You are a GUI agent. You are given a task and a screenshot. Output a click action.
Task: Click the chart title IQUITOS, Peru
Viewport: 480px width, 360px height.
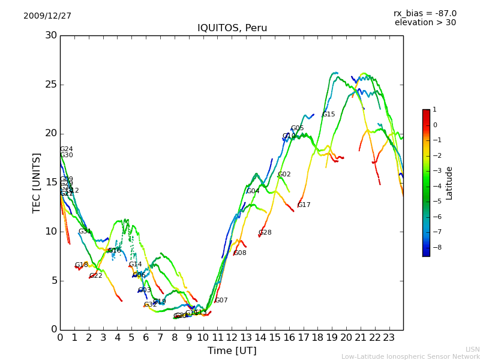(232, 28)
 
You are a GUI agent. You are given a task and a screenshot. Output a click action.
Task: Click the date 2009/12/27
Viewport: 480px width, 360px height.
(47, 16)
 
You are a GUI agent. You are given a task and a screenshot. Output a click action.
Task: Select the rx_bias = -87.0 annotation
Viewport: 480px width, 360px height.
(425, 13)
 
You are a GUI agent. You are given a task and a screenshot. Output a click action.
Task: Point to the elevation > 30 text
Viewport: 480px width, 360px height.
(425, 23)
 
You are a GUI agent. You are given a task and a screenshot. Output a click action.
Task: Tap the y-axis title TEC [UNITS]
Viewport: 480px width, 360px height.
(37, 182)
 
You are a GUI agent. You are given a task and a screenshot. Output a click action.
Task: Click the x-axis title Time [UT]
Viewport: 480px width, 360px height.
(232, 350)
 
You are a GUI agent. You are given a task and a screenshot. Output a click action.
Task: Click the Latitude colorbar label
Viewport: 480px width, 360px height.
(449, 183)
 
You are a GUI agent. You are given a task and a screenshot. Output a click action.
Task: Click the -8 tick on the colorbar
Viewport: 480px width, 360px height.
(435, 247)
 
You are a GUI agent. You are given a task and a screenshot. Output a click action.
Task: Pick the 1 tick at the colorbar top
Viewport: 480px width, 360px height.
(434, 110)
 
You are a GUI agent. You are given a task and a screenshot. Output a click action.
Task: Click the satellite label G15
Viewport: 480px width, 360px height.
(328, 115)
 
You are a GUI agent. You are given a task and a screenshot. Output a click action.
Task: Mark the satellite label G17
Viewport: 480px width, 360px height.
(304, 205)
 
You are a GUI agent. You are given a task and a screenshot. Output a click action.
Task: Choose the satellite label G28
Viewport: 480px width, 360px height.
(265, 233)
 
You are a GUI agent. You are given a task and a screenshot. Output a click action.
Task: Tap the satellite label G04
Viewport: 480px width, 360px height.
(253, 191)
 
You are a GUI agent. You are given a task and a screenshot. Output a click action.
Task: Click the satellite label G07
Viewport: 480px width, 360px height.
(221, 301)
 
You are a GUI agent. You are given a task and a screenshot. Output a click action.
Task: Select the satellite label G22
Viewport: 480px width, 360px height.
(95, 276)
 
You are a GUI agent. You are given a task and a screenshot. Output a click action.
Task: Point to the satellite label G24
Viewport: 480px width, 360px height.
(66, 149)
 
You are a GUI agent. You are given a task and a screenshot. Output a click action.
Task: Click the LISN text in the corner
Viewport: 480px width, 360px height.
(472, 349)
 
